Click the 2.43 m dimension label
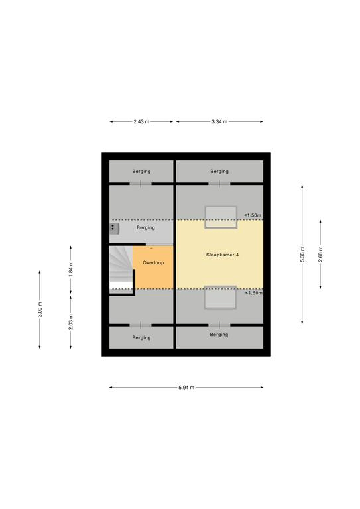coord(141,122)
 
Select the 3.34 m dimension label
coord(219,122)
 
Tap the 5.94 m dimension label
coord(186,388)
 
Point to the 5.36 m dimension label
coord(302,254)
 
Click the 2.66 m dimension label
coord(320,254)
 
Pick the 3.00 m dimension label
coord(40,310)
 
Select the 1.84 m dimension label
coord(71,269)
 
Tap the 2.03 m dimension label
coord(71,322)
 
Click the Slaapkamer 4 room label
coord(222,254)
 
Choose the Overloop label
coord(153,263)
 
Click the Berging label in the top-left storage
coord(141,172)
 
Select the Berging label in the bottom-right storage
coord(219,335)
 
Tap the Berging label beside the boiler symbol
coord(146,227)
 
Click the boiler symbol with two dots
coord(114,229)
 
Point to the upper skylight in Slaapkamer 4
coord(221,217)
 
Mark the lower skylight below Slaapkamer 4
coord(220,297)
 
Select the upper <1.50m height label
coord(253,215)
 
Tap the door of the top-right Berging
coord(219,184)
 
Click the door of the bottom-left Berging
coord(141,325)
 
